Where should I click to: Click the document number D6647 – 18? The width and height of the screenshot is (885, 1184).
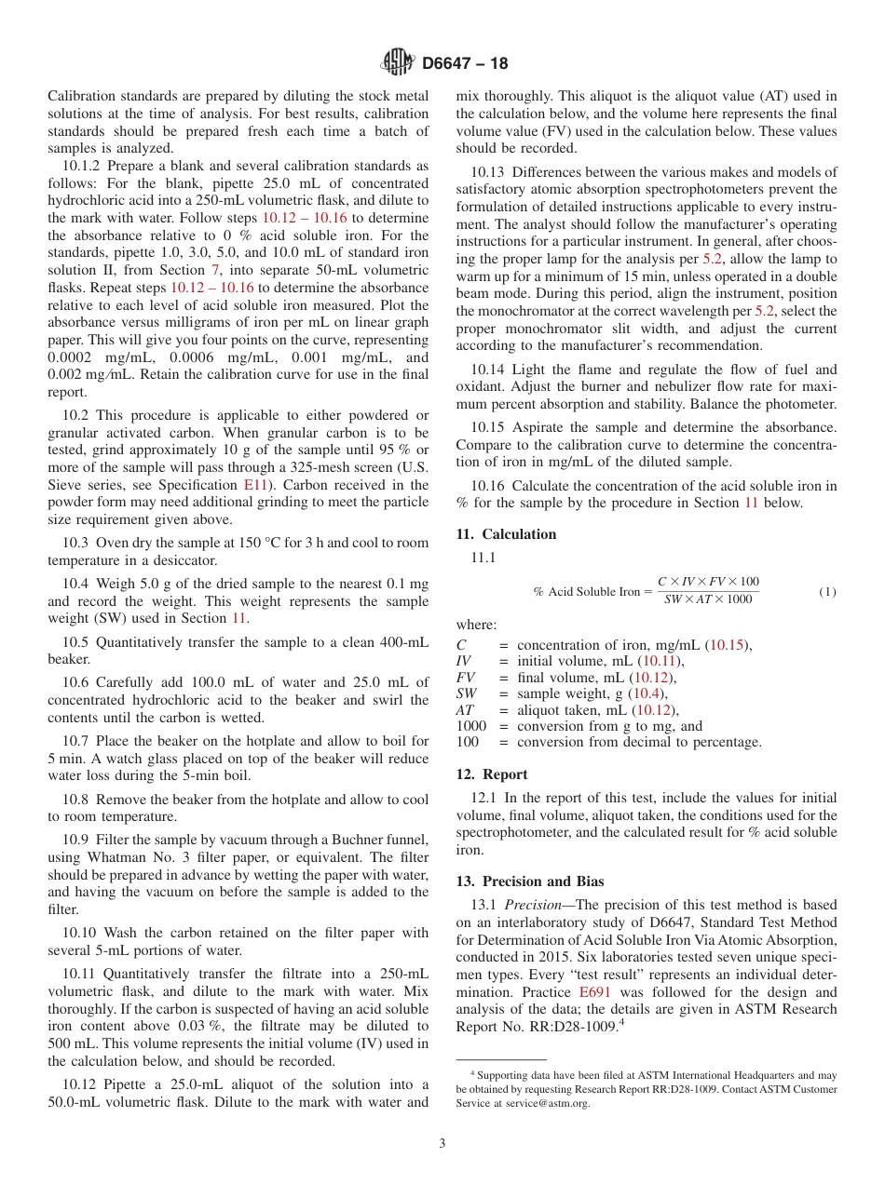(x=465, y=64)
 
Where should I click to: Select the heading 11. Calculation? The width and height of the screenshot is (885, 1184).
(x=506, y=534)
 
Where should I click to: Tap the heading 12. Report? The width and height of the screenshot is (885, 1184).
(x=492, y=774)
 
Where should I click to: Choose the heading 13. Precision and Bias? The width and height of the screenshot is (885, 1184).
(x=529, y=881)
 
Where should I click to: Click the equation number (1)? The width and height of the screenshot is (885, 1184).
(x=827, y=592)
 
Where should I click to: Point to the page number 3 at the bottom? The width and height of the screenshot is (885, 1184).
(x=442, y=1143)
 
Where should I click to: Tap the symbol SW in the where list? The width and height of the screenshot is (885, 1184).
(x=467, y=693)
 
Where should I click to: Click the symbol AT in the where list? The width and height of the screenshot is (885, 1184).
(x=465, y=710)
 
